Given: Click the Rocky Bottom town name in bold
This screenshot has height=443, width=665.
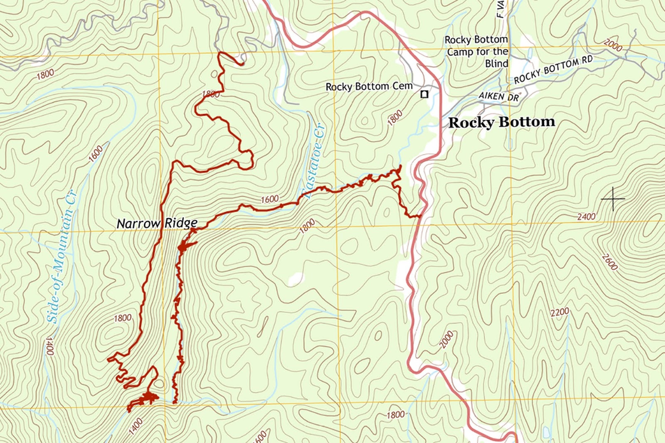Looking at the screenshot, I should tap(502, 122).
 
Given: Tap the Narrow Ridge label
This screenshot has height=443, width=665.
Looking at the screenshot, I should tap(157, 224).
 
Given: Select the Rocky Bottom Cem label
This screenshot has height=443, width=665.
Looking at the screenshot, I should tap(369, 86).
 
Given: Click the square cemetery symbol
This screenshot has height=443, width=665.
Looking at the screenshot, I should tap(424, 94).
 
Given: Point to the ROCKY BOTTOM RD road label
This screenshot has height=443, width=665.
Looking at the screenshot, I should tap(553, 70).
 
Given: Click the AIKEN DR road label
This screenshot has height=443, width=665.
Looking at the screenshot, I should tap(499, 96).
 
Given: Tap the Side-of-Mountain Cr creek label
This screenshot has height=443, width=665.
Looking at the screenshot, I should tap(61, 257).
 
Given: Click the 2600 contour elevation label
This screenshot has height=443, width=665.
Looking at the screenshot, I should tap(610, 262).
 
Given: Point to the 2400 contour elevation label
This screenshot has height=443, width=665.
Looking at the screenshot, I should tap(586, 217).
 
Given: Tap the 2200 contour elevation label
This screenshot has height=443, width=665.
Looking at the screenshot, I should tap(559, 313).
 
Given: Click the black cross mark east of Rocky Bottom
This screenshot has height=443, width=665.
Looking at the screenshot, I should tap(613, 199).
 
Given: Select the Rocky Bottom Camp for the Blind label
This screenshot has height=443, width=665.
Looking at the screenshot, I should tap(477, 52).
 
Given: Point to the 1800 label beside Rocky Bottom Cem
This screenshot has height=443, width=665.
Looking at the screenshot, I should tap(395, 118).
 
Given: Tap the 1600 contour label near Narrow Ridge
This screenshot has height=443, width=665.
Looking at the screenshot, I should tap(269, 199).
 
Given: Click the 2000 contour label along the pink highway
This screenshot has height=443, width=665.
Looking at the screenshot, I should tap(446, 340).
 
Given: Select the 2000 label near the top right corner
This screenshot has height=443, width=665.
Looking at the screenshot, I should tap(613, 45).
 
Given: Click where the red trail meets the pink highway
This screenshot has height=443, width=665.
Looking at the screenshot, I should tap(421, 216).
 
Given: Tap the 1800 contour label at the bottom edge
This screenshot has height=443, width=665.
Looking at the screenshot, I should tap(395, 415).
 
